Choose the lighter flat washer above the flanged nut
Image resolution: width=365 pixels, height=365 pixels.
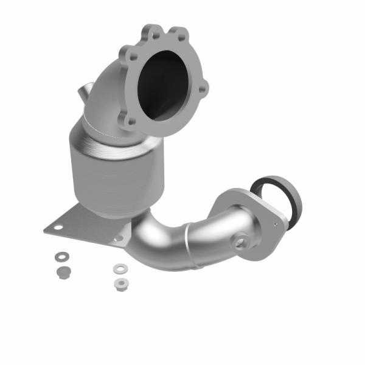(x=118, y=267)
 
